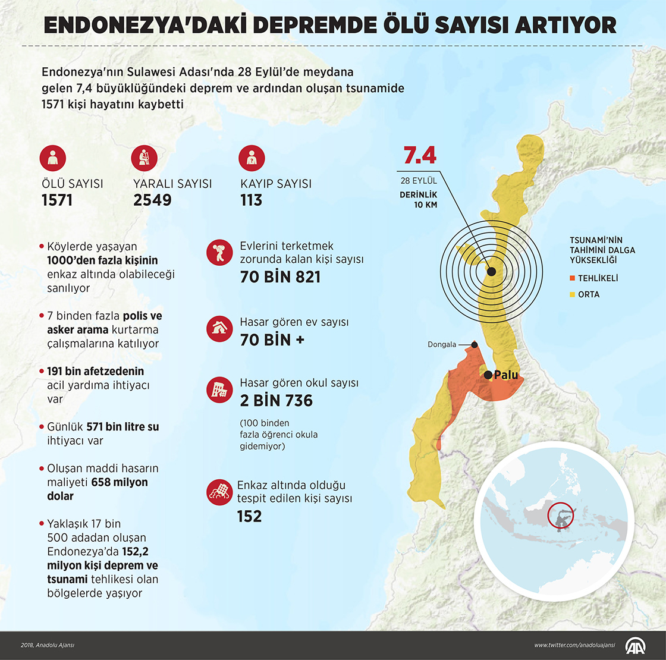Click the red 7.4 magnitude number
[420, 156]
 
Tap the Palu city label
[506, 375]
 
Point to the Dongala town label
[442, 345]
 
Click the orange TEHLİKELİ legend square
[573, 278]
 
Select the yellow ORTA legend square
[573, 294]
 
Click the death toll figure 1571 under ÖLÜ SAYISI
[57, 200]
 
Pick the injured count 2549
[152, 200]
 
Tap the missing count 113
[251, 200]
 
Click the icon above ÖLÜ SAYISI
[52, 158]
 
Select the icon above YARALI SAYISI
[143, 158]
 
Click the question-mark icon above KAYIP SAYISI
[251, 158]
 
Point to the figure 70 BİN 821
[280, 277]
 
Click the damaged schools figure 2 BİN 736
[276, 401]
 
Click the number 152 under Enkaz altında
[249, 516]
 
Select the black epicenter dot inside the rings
[491, 272]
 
